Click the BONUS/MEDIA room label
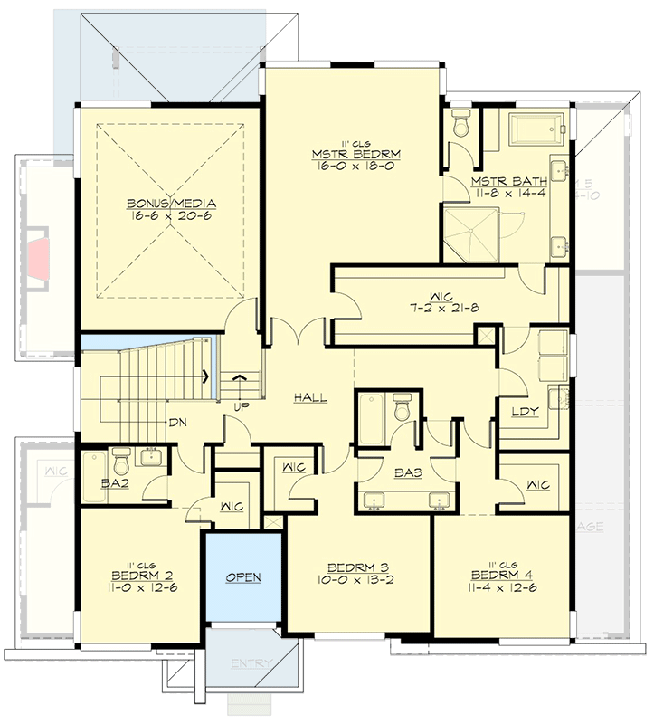(x=171, y=203)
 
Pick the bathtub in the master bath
(x=536, y=129)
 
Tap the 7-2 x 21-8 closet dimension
(x=442, y=309)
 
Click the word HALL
(x=309, y=397)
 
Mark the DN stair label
(x=178, y=422)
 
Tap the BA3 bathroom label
(x=406, y=471)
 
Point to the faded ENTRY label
(x=251, y=664)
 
